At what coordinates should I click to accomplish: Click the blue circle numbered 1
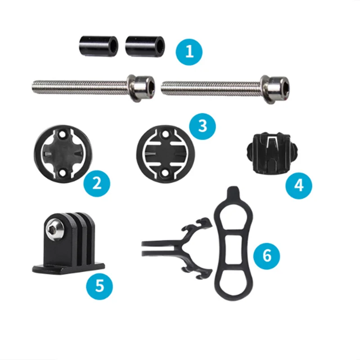click(189, 52)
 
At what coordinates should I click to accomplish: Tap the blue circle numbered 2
click(97, 184)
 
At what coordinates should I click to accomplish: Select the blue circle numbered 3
click(202, 126)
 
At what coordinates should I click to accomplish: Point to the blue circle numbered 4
click(299, 185)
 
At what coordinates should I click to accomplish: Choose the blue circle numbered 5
click(99, 286)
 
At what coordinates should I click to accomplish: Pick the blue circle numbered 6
click(266, 256)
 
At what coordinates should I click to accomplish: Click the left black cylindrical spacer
click(99, 46)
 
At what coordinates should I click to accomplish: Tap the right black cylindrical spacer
click(145, 46)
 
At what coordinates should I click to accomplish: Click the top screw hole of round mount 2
click(62, 135)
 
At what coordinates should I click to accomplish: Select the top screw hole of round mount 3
click(164, 136)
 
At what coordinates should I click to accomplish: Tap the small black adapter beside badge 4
click(272, 153)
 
